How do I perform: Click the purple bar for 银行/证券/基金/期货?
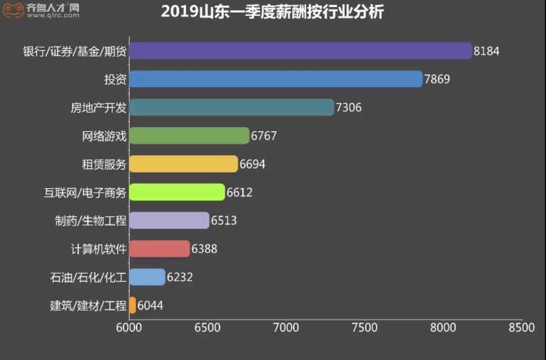pos(300,51)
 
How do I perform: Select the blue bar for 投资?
pos(276,79)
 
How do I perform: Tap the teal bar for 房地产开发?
pos(232,107)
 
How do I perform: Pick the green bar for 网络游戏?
pos(189,136)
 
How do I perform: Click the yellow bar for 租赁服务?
pos(184,164)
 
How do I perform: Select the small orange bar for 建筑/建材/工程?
pos(132,305)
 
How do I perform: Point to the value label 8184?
pos(486,51)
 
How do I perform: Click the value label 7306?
pos(349,108)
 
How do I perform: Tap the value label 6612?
pos(240,193)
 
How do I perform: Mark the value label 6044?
pos(150,306)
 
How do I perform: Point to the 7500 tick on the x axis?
pos(365,328)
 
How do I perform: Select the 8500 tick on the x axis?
pos(522,328)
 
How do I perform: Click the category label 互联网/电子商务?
pos(85,193)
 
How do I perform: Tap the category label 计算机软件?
pos(99,249)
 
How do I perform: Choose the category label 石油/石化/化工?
pos(88,277)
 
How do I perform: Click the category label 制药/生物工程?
pos(90,221)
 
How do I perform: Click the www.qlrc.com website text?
pos(53,16)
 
